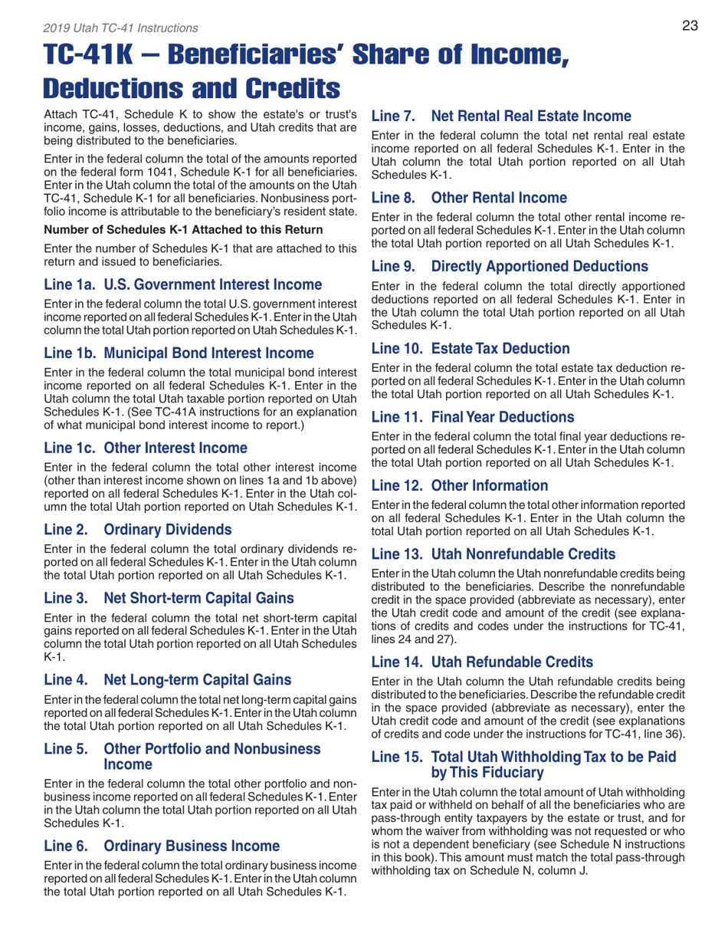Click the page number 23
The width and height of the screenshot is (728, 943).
tap(689, 26)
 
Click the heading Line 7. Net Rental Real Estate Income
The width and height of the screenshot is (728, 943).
tap(501, 117)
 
